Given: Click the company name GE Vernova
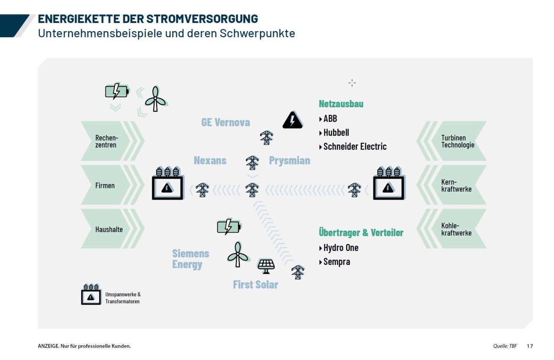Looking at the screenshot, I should tap(225, 122).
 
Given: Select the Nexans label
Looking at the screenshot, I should tap(210, 161).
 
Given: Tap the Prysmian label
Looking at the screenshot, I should tap(290, 161).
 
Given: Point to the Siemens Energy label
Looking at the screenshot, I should tap(190, 259).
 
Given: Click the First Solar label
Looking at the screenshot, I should tap(255, 284).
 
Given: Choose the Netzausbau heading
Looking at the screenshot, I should tap(341, 104).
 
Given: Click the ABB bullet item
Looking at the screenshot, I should tap(330, 119).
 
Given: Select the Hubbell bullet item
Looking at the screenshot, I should tap(336, 132).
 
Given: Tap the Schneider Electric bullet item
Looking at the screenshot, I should tap(354, 146).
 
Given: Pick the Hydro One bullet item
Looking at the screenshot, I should tap(341, 247).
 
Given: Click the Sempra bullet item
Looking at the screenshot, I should tap(336, 261).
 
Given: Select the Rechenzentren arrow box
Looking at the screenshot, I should tap(108, 141).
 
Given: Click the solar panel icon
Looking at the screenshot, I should tap(266, 266).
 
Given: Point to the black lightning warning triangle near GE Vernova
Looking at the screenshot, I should tap(293, 120).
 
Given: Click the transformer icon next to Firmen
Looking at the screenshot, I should tap(167, 184).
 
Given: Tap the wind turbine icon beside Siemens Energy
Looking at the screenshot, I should tap(237, 254).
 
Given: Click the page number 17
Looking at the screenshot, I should tap(530, 346).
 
